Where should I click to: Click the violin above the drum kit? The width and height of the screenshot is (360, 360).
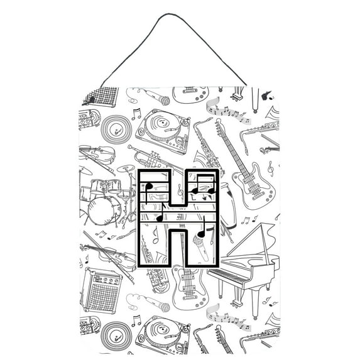97,155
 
